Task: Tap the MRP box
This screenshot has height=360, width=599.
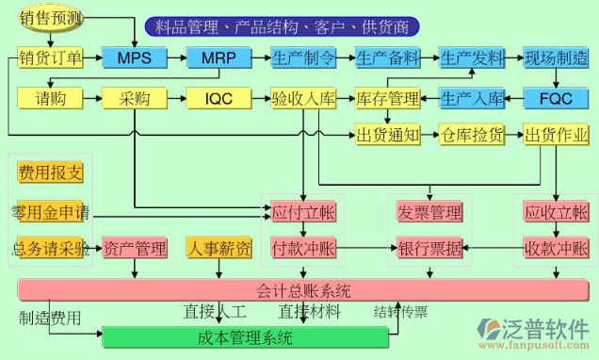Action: tap(219, 58)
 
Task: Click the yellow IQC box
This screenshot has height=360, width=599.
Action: tap(219, 98)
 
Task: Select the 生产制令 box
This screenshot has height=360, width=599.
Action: tap(303, 58)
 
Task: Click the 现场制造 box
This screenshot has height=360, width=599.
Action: tap(556, 58)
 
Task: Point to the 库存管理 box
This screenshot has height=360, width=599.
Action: tap(387, 98)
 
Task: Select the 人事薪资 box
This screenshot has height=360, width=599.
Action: tap(219, 249)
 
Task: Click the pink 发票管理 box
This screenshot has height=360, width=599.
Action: tap(429, 212)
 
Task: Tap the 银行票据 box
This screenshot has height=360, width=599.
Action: tap(429, 249)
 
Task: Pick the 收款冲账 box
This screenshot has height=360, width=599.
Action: tap(556, 249)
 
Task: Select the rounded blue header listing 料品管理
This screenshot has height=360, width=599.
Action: tap(283, 25)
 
